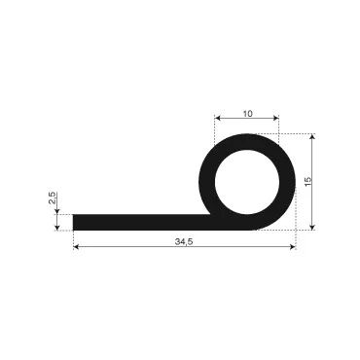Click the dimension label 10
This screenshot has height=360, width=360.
[247, 114]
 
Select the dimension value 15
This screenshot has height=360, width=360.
[308, 181]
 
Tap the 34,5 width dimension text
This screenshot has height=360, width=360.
[184, 241]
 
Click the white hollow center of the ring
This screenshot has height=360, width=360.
[247, 182]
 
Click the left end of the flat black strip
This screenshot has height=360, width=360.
[73, 223]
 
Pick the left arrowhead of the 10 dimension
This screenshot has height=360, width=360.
[218, 118]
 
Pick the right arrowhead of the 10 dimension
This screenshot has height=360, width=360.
[276, 118]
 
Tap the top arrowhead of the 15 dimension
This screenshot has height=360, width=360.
[312, 136]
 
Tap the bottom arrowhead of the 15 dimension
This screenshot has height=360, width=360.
[312, 228]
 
